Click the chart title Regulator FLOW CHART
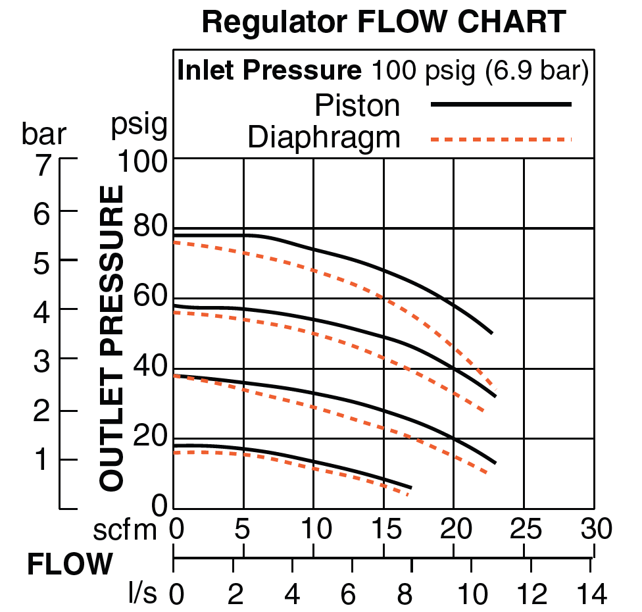(x=383, y=22)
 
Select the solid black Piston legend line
(x=501, y=104)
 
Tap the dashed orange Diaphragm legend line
(x=501, y=139)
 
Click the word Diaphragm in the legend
(x=324, y=138)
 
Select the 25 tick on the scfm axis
(x=523, y=528)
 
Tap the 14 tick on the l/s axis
(x=591, y=595)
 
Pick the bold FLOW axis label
(x=69, y=564)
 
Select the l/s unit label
(x=143, y=595)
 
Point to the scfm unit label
(x=134, y=530)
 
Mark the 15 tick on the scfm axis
(x=383, y=528)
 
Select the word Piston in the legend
(x=357, y=105)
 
